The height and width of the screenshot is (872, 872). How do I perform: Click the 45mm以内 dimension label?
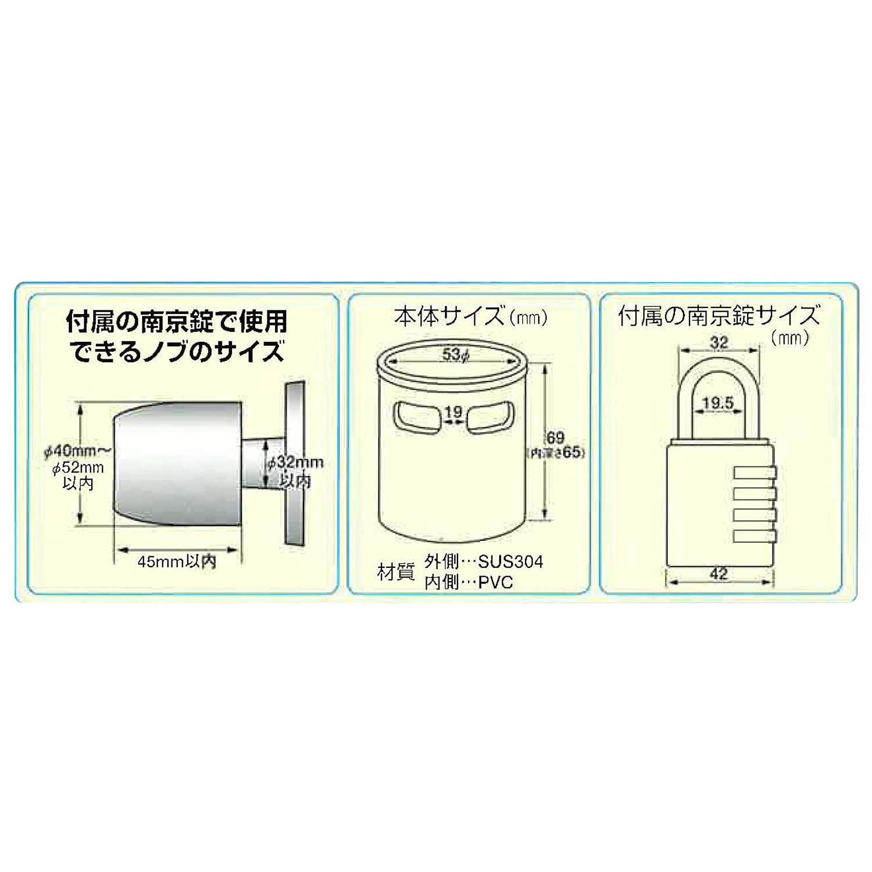click(177, 562)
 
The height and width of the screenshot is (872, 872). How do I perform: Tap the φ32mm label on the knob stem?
click(298, 463)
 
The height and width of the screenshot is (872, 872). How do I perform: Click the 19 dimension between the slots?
click(453, 412)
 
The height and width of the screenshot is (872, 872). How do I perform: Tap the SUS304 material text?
click(510, 562)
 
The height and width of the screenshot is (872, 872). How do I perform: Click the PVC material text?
click(495, 582)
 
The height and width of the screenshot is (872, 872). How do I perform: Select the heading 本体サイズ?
click(448, 317)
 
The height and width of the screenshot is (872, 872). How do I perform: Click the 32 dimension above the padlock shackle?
click(719, 342)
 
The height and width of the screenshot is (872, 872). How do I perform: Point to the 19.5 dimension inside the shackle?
click(718, 402)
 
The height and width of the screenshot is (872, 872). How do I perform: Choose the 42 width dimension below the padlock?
click(719, 574)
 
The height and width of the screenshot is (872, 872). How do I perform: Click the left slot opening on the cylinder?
click(417, 417)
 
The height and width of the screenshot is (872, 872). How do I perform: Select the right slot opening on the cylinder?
click(489, 417)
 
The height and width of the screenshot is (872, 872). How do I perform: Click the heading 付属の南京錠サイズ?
click(719, 317)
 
